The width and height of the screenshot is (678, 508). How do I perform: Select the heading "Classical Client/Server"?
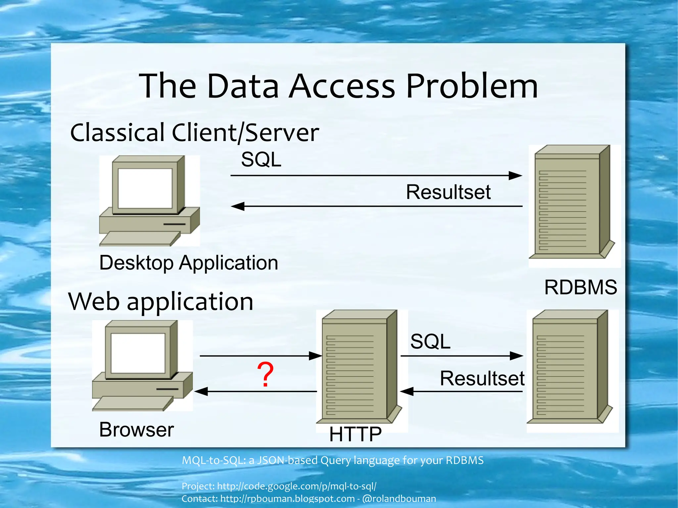coord(195,133)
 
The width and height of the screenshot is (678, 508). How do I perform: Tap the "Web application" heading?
coord(161,301)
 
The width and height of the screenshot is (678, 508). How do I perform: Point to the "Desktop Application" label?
coord(189,263)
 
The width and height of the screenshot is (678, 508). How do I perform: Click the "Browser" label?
coord(136,430)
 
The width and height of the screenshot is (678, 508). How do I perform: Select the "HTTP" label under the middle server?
coord(355,434)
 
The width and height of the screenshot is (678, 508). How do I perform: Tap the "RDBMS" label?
coord(581,287)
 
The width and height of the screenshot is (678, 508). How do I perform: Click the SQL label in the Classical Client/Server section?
coord(261,160)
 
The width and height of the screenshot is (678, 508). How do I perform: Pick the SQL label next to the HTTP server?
coord(430,341)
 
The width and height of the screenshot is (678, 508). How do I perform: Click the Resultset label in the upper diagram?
coord(448,192)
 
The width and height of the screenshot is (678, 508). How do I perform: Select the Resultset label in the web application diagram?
coord(482,378)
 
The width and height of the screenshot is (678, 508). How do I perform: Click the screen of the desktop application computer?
coord(145,188)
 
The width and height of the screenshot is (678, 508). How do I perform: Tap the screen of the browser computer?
coord(138,353)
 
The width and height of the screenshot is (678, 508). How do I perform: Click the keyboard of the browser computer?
coord(132,403)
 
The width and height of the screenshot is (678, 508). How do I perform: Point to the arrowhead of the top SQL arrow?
coord(515,175)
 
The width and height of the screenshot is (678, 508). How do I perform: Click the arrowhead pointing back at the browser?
coord(201,392)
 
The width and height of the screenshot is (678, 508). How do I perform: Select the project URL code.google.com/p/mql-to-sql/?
coord(297,486)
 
